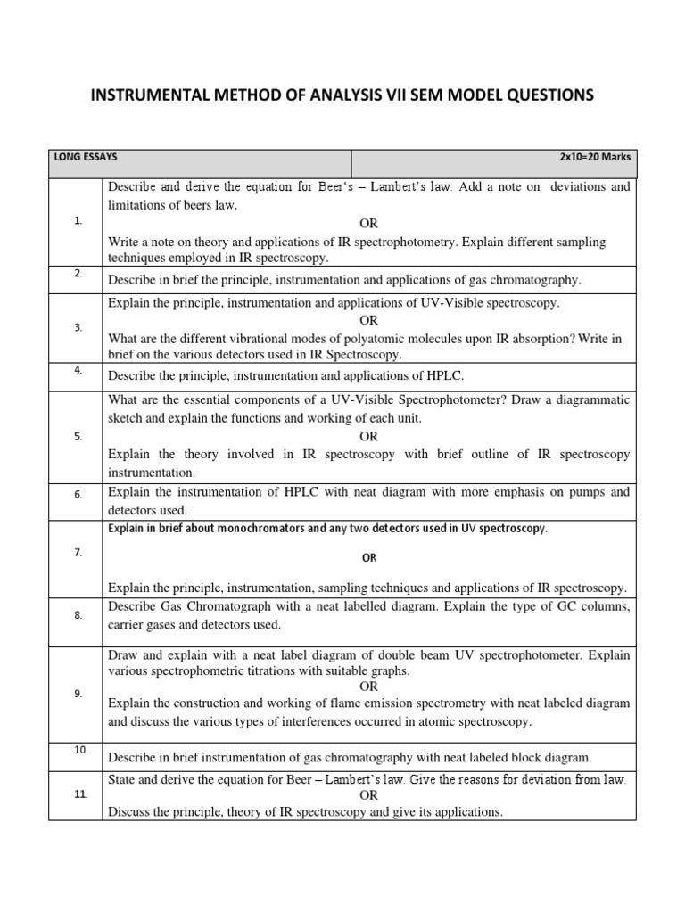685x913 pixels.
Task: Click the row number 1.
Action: (x=78, y=221)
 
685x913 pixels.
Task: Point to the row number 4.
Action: (x=78, y=368)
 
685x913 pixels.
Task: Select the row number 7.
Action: (x=78, y=553)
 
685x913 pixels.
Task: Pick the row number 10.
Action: (x=80, y=750)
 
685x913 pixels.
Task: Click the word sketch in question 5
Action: (x=126, y=417)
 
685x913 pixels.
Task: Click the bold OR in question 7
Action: (x=368, y=557)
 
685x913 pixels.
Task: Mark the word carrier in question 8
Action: (x=129, y=624)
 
